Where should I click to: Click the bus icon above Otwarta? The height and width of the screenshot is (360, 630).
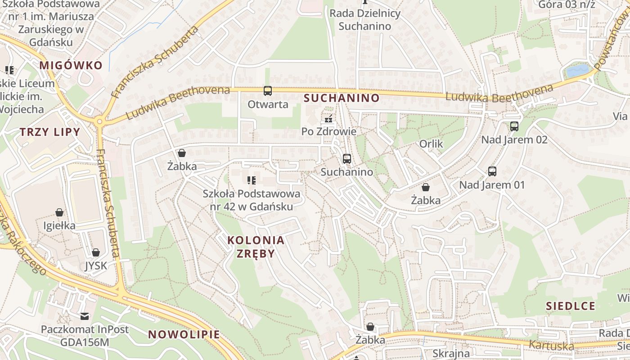point(267,91)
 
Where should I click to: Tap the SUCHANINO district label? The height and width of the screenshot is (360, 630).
point(342,98)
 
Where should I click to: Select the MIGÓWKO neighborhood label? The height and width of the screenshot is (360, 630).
point(71,65)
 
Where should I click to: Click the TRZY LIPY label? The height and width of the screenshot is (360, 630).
point(49,132)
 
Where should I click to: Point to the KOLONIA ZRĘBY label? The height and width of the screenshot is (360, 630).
point(256,247)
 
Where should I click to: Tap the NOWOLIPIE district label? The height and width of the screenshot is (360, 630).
point(184,334)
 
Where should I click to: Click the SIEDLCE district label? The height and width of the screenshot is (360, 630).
point(571,306)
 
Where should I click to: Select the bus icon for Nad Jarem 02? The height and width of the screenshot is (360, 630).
point(514,126)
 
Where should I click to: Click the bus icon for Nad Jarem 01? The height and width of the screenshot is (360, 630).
point(492,171)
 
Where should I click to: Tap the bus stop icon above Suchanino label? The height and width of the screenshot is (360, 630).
point(346,159)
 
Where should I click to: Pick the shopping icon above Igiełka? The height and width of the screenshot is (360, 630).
point(59,212)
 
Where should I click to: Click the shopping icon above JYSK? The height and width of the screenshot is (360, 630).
point(96,252)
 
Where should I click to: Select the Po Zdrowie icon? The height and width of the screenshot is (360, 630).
point(328,119)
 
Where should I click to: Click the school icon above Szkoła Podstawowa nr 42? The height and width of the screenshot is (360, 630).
point(252,181)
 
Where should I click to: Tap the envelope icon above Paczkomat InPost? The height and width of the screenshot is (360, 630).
point(85,316)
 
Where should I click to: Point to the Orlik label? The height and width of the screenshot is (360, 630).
point(431,144)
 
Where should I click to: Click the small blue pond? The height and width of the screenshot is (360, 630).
point(577,71)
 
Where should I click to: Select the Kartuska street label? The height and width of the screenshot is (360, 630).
point(552,346)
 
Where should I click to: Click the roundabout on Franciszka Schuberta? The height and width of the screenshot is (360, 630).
point(99,121)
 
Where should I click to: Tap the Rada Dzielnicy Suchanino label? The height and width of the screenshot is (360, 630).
point(365,19)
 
